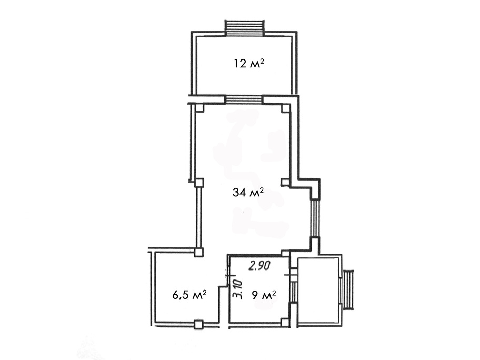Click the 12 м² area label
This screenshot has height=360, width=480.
249,64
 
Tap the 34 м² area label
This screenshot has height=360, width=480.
248,193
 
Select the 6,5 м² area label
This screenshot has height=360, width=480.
189,295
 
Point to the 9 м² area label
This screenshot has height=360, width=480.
264,295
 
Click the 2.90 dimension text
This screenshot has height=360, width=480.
259,265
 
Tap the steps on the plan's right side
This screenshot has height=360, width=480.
348,289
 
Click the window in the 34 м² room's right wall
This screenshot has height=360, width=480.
315,218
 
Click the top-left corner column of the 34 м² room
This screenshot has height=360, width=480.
199,108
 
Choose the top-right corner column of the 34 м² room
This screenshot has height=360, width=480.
285,108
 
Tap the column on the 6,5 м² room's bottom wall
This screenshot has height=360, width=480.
198,324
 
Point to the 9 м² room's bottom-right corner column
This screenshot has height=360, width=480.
285,322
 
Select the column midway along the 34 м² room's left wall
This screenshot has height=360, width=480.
199,183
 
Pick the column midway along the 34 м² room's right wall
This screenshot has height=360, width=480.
285,183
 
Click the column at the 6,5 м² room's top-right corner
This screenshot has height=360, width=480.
198,252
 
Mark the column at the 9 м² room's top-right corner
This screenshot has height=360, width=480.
285,253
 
